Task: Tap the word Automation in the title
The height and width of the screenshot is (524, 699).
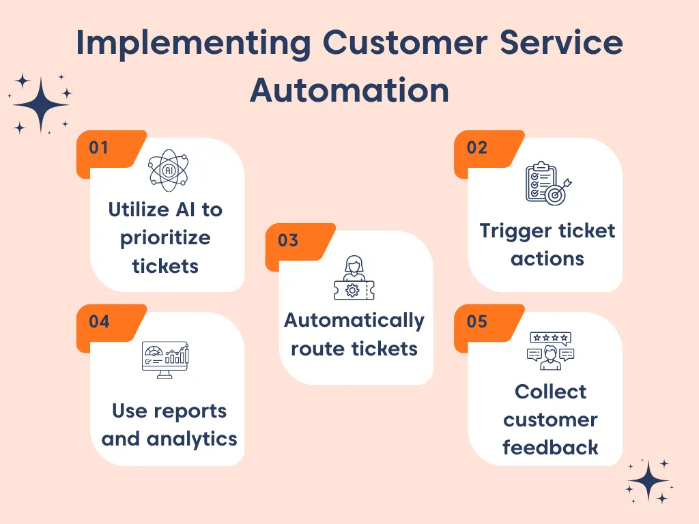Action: tap(349, 91)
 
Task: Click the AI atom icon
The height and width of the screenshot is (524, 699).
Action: tap(169, 170)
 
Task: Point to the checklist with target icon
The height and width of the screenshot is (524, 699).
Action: tap(547, 183)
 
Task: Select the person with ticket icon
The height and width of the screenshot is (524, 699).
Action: tap(354, 278)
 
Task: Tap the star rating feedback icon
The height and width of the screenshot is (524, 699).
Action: tap(550, 351)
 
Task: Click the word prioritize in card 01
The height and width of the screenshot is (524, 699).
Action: tap(166, 238)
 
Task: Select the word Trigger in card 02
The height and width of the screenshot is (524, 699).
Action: tap(509, 231)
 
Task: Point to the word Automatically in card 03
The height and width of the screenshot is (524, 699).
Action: tap(354, 320)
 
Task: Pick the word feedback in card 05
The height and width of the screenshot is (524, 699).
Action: tap(550, 448)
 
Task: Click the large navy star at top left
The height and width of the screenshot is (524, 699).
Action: tap(41, 104)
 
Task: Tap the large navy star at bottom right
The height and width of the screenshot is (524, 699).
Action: tap(648, 482)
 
